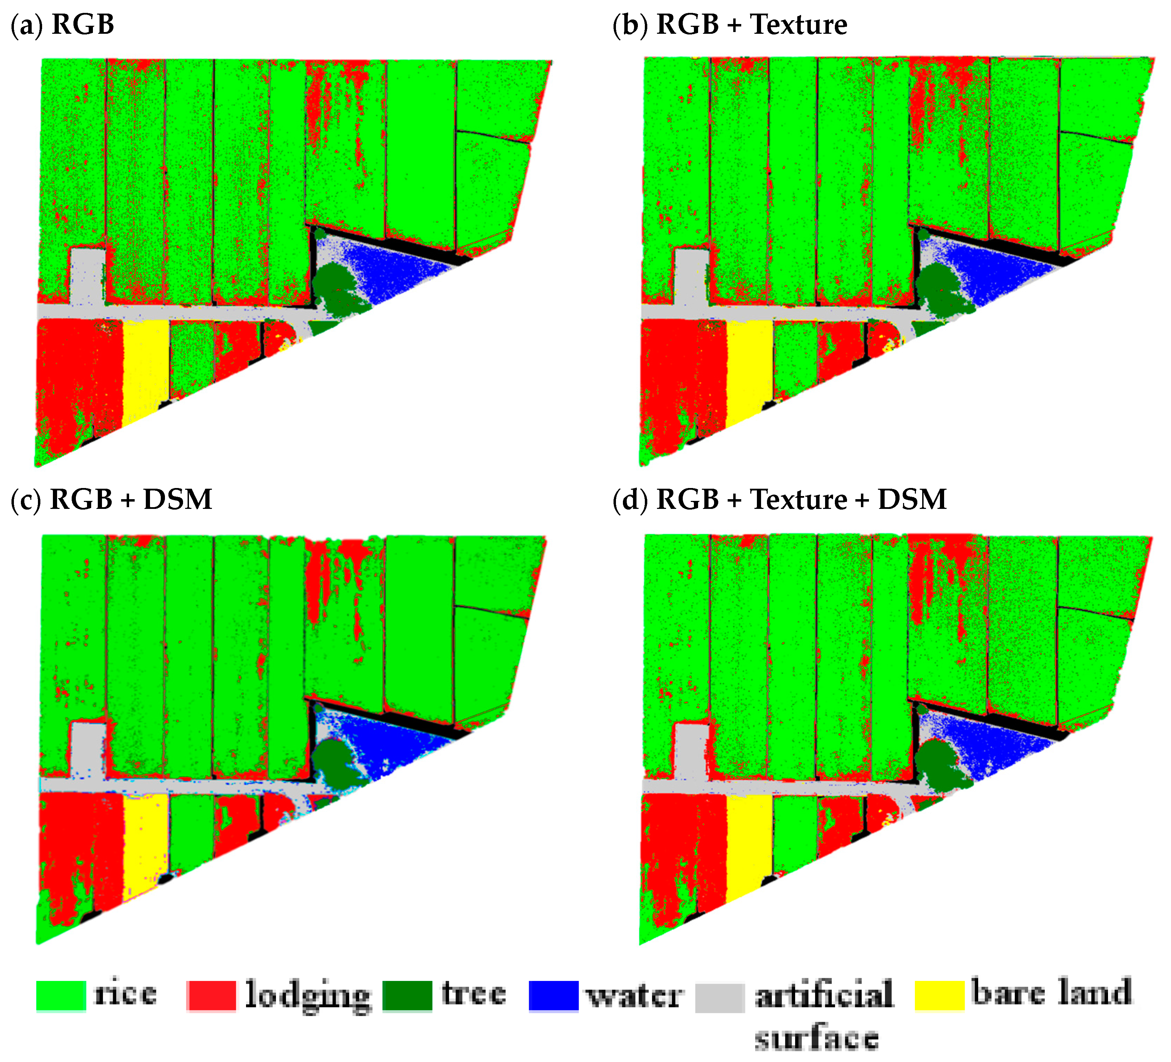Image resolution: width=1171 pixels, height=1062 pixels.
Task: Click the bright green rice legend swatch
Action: coord(61,996)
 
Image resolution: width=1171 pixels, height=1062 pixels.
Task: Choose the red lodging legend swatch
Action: coord(212,996)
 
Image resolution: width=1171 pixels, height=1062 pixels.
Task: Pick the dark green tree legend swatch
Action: coord(407,996)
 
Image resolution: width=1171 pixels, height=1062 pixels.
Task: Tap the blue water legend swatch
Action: coord(554,996)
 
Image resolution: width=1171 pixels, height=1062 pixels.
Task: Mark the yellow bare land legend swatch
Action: coord(939,996)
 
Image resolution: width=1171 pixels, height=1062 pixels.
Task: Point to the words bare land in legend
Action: coord(1051,992)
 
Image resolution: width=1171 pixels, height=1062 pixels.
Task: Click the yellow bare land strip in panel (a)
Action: coord(145,366)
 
